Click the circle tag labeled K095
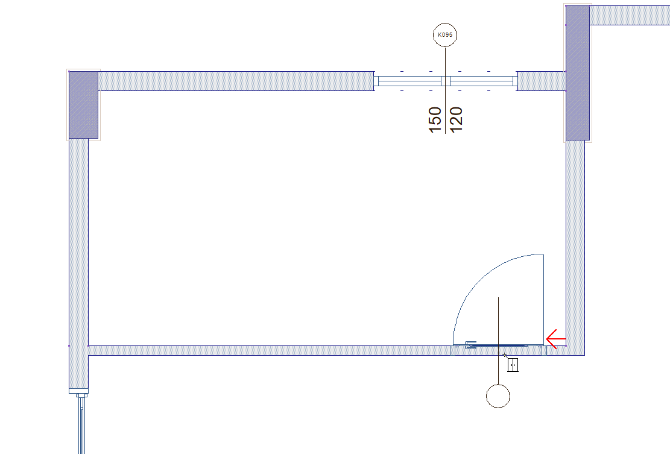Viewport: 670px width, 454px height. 445,35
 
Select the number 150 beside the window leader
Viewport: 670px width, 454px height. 435,119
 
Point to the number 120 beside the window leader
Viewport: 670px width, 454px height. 456,119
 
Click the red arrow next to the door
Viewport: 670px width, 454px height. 556,339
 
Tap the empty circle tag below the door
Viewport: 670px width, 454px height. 498,396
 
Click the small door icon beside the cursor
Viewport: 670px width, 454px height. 513,365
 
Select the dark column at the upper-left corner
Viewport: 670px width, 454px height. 83,105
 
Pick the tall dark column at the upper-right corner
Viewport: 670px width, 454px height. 578,72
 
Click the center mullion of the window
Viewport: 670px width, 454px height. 446,81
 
